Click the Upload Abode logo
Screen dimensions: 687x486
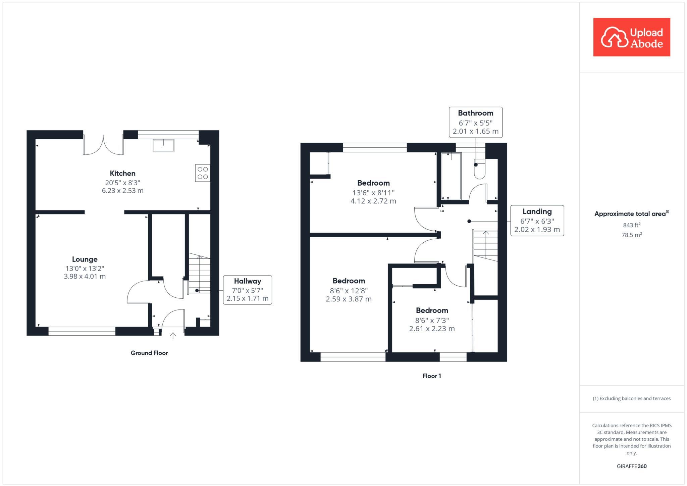pos(632,37)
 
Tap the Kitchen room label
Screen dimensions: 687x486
pos(123,174)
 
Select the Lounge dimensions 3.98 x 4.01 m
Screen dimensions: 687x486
pos(85,277)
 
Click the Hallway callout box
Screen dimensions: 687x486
pos(248,290)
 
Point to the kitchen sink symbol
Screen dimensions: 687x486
pos(164,146)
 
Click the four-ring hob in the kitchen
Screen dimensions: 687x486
pos(203,173)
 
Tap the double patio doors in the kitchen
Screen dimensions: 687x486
pos(103,145)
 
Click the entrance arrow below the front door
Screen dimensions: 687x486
pos(173,335)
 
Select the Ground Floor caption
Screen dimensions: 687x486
pos(149,353)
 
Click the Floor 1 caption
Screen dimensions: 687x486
pos(432,376)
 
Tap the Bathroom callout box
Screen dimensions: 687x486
pos(476,122)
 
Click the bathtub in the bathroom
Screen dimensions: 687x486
pos(451,176)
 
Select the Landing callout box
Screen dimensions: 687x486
pos(537,221)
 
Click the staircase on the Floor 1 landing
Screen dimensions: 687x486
pos(485,246)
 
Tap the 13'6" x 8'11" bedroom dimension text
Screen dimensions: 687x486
pos(373,193)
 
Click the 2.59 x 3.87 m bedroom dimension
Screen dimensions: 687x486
pos(349,299)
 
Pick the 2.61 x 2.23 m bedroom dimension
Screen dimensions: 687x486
pos(432,329)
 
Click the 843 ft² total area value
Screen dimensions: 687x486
pos(632,225)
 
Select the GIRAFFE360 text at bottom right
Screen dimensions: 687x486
pos(632,466)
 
